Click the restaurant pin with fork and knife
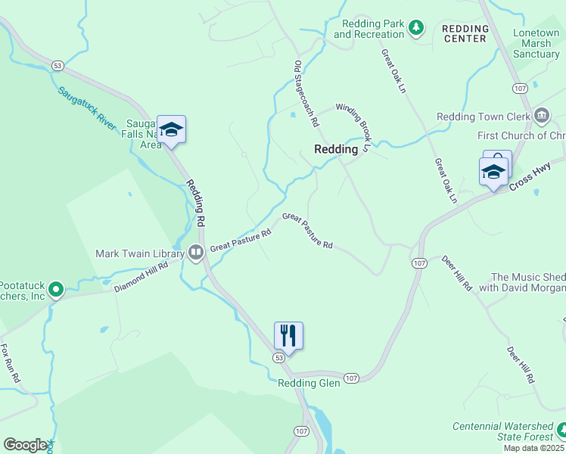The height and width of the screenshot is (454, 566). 288,336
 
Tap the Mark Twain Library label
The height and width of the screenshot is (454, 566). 140,253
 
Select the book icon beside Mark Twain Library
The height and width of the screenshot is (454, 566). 196,253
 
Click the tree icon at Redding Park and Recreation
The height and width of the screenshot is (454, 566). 415,29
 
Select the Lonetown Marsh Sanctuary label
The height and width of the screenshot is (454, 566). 536,44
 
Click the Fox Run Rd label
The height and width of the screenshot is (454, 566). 11,363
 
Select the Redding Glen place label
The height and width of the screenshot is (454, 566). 309,383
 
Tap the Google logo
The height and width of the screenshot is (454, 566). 25,445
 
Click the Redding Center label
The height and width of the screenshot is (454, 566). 465,33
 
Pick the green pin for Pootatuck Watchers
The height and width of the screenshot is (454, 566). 55,289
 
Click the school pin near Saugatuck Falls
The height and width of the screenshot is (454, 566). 172,130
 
